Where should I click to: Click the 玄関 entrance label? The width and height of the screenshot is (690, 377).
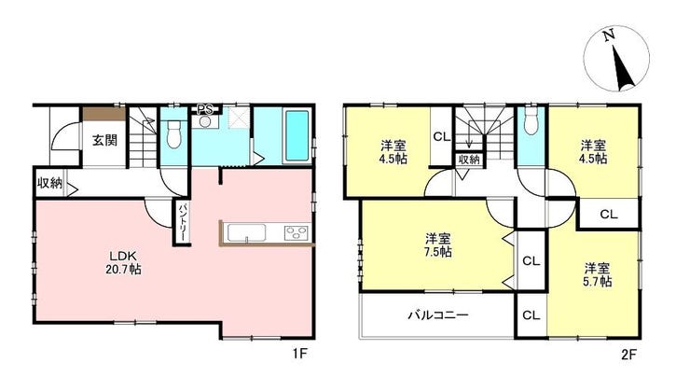(104, 141)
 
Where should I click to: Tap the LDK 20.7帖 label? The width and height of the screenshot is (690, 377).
(123, 262)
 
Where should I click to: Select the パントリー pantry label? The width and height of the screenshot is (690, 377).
(181, 221)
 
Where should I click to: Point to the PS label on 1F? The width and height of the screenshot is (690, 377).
(204, 109)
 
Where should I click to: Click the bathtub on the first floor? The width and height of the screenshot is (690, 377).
(297, 135)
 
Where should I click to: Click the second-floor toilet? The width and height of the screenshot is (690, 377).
(531, 120)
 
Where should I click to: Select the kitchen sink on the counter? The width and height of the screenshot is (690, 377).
(246, 232)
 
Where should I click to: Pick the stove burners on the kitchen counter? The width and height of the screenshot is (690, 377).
(297, 232)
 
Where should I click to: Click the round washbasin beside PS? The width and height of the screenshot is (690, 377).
(204, 121)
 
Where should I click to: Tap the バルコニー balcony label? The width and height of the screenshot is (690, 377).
(438, 314)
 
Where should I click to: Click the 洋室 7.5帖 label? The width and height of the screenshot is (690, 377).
(438, 245)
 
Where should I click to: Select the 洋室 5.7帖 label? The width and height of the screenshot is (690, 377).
(597, 274)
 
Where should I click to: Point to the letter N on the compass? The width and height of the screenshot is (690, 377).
(609, 35)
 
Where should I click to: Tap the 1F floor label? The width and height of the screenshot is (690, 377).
(298, 354)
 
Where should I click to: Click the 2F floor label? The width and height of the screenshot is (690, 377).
(628, 355)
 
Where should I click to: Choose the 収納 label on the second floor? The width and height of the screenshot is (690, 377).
(469, 159)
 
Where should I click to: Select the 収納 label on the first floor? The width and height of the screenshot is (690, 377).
(49, 183)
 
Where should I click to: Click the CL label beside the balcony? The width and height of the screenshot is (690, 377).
(531, 315)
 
